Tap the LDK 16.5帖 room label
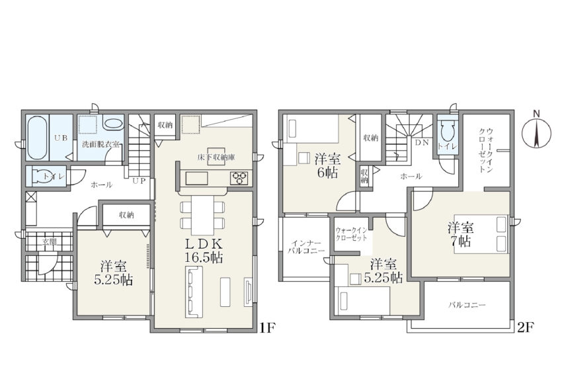click(x=204, y=251)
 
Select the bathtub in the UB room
click(x=37, y=138)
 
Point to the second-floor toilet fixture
click(x=447, y=132)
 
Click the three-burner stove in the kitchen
click(x=239, y=177)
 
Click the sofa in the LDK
click(x=194, y=292)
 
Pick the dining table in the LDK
click(x=203, y=214)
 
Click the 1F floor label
click(x=267, y=327)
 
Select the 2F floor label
click(x=526, y=327)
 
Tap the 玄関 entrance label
click(x=50, y=242)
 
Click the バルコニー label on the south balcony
click(x=467, y=306)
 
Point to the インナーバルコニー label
click(x=305, y=247)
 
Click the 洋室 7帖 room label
click(x=461, y=234)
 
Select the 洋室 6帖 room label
click(x=327, y=165)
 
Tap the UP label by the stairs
click(x=139, y=181)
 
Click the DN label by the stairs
click(x=422, y=142)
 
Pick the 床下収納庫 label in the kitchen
click(x=216, y=157)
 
